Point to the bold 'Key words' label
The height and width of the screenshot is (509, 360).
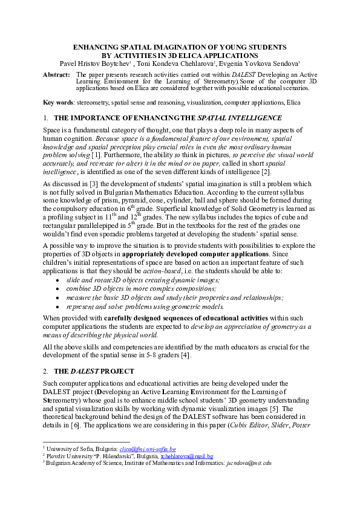pyautogui.click(x=57, y=103)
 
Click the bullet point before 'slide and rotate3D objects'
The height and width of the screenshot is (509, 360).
pyautogui.click(x=57, y=280)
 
